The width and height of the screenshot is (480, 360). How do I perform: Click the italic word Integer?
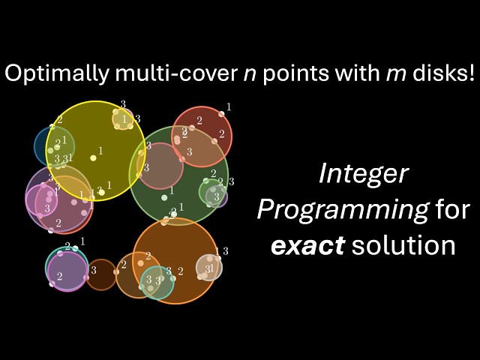tap(364, 174)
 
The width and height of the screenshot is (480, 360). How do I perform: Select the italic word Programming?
tap(342, 210)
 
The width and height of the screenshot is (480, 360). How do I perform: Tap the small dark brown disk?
tap(100, 274)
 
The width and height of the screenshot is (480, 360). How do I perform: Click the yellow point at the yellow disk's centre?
tap(94, 157)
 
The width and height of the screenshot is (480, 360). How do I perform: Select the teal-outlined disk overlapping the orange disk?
tap(157, 283)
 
